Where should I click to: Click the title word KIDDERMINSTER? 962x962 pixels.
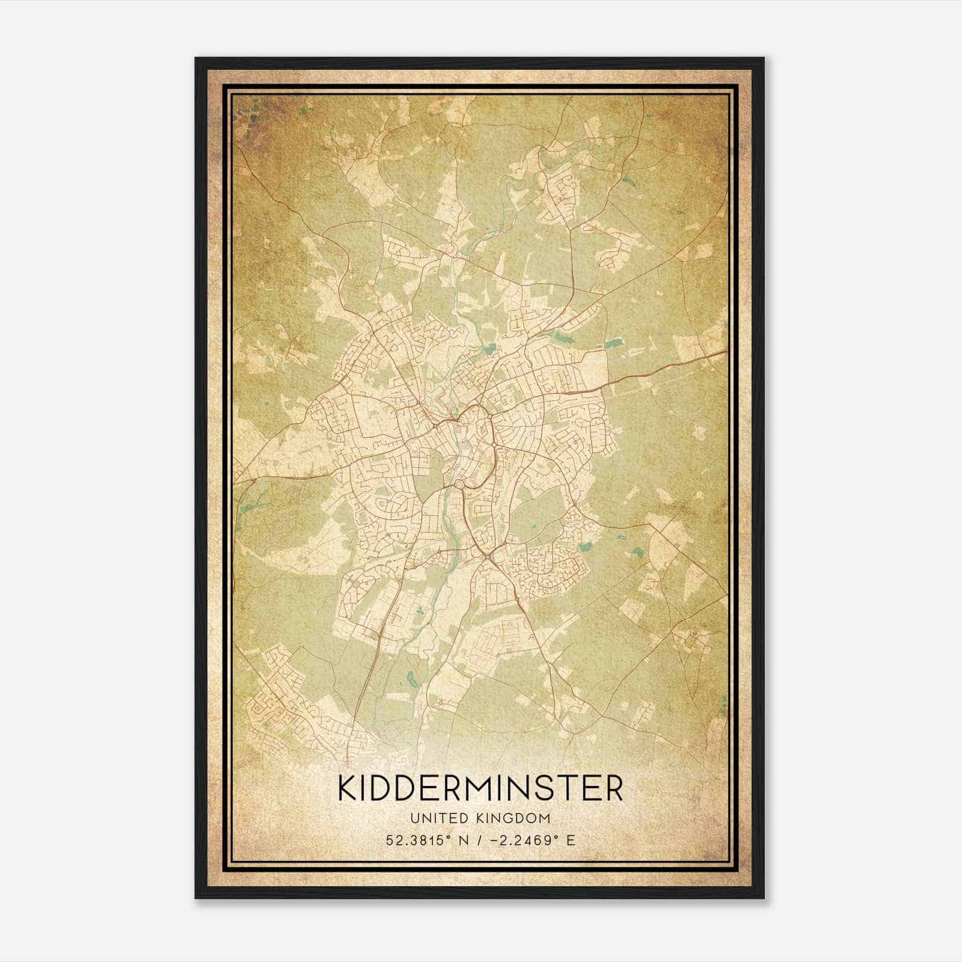pos(480,788)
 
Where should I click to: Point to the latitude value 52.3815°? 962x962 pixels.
pos(421,840)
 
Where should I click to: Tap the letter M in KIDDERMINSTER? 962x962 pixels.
pos(482,788)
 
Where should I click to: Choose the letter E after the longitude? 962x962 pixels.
pos(570,840)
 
